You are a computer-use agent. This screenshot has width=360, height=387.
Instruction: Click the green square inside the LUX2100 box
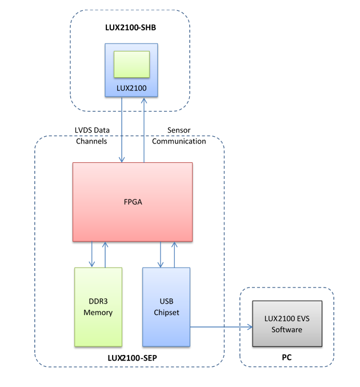131,64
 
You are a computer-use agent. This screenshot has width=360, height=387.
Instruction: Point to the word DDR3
98,301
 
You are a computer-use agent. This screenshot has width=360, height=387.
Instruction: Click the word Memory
98,312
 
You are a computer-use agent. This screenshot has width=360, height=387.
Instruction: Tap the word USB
166,301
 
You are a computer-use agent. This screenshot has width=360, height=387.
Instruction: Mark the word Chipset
166,312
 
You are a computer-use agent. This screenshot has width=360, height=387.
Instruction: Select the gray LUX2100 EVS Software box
287,337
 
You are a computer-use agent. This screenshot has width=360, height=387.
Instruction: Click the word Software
287,329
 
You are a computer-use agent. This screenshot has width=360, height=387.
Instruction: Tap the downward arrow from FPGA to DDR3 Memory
93,254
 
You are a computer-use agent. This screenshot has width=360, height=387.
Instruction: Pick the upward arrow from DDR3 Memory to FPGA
105,254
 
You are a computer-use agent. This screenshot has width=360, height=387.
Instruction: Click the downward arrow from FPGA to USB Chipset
161,254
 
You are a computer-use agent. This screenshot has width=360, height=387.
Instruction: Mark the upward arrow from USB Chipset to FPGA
174,254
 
